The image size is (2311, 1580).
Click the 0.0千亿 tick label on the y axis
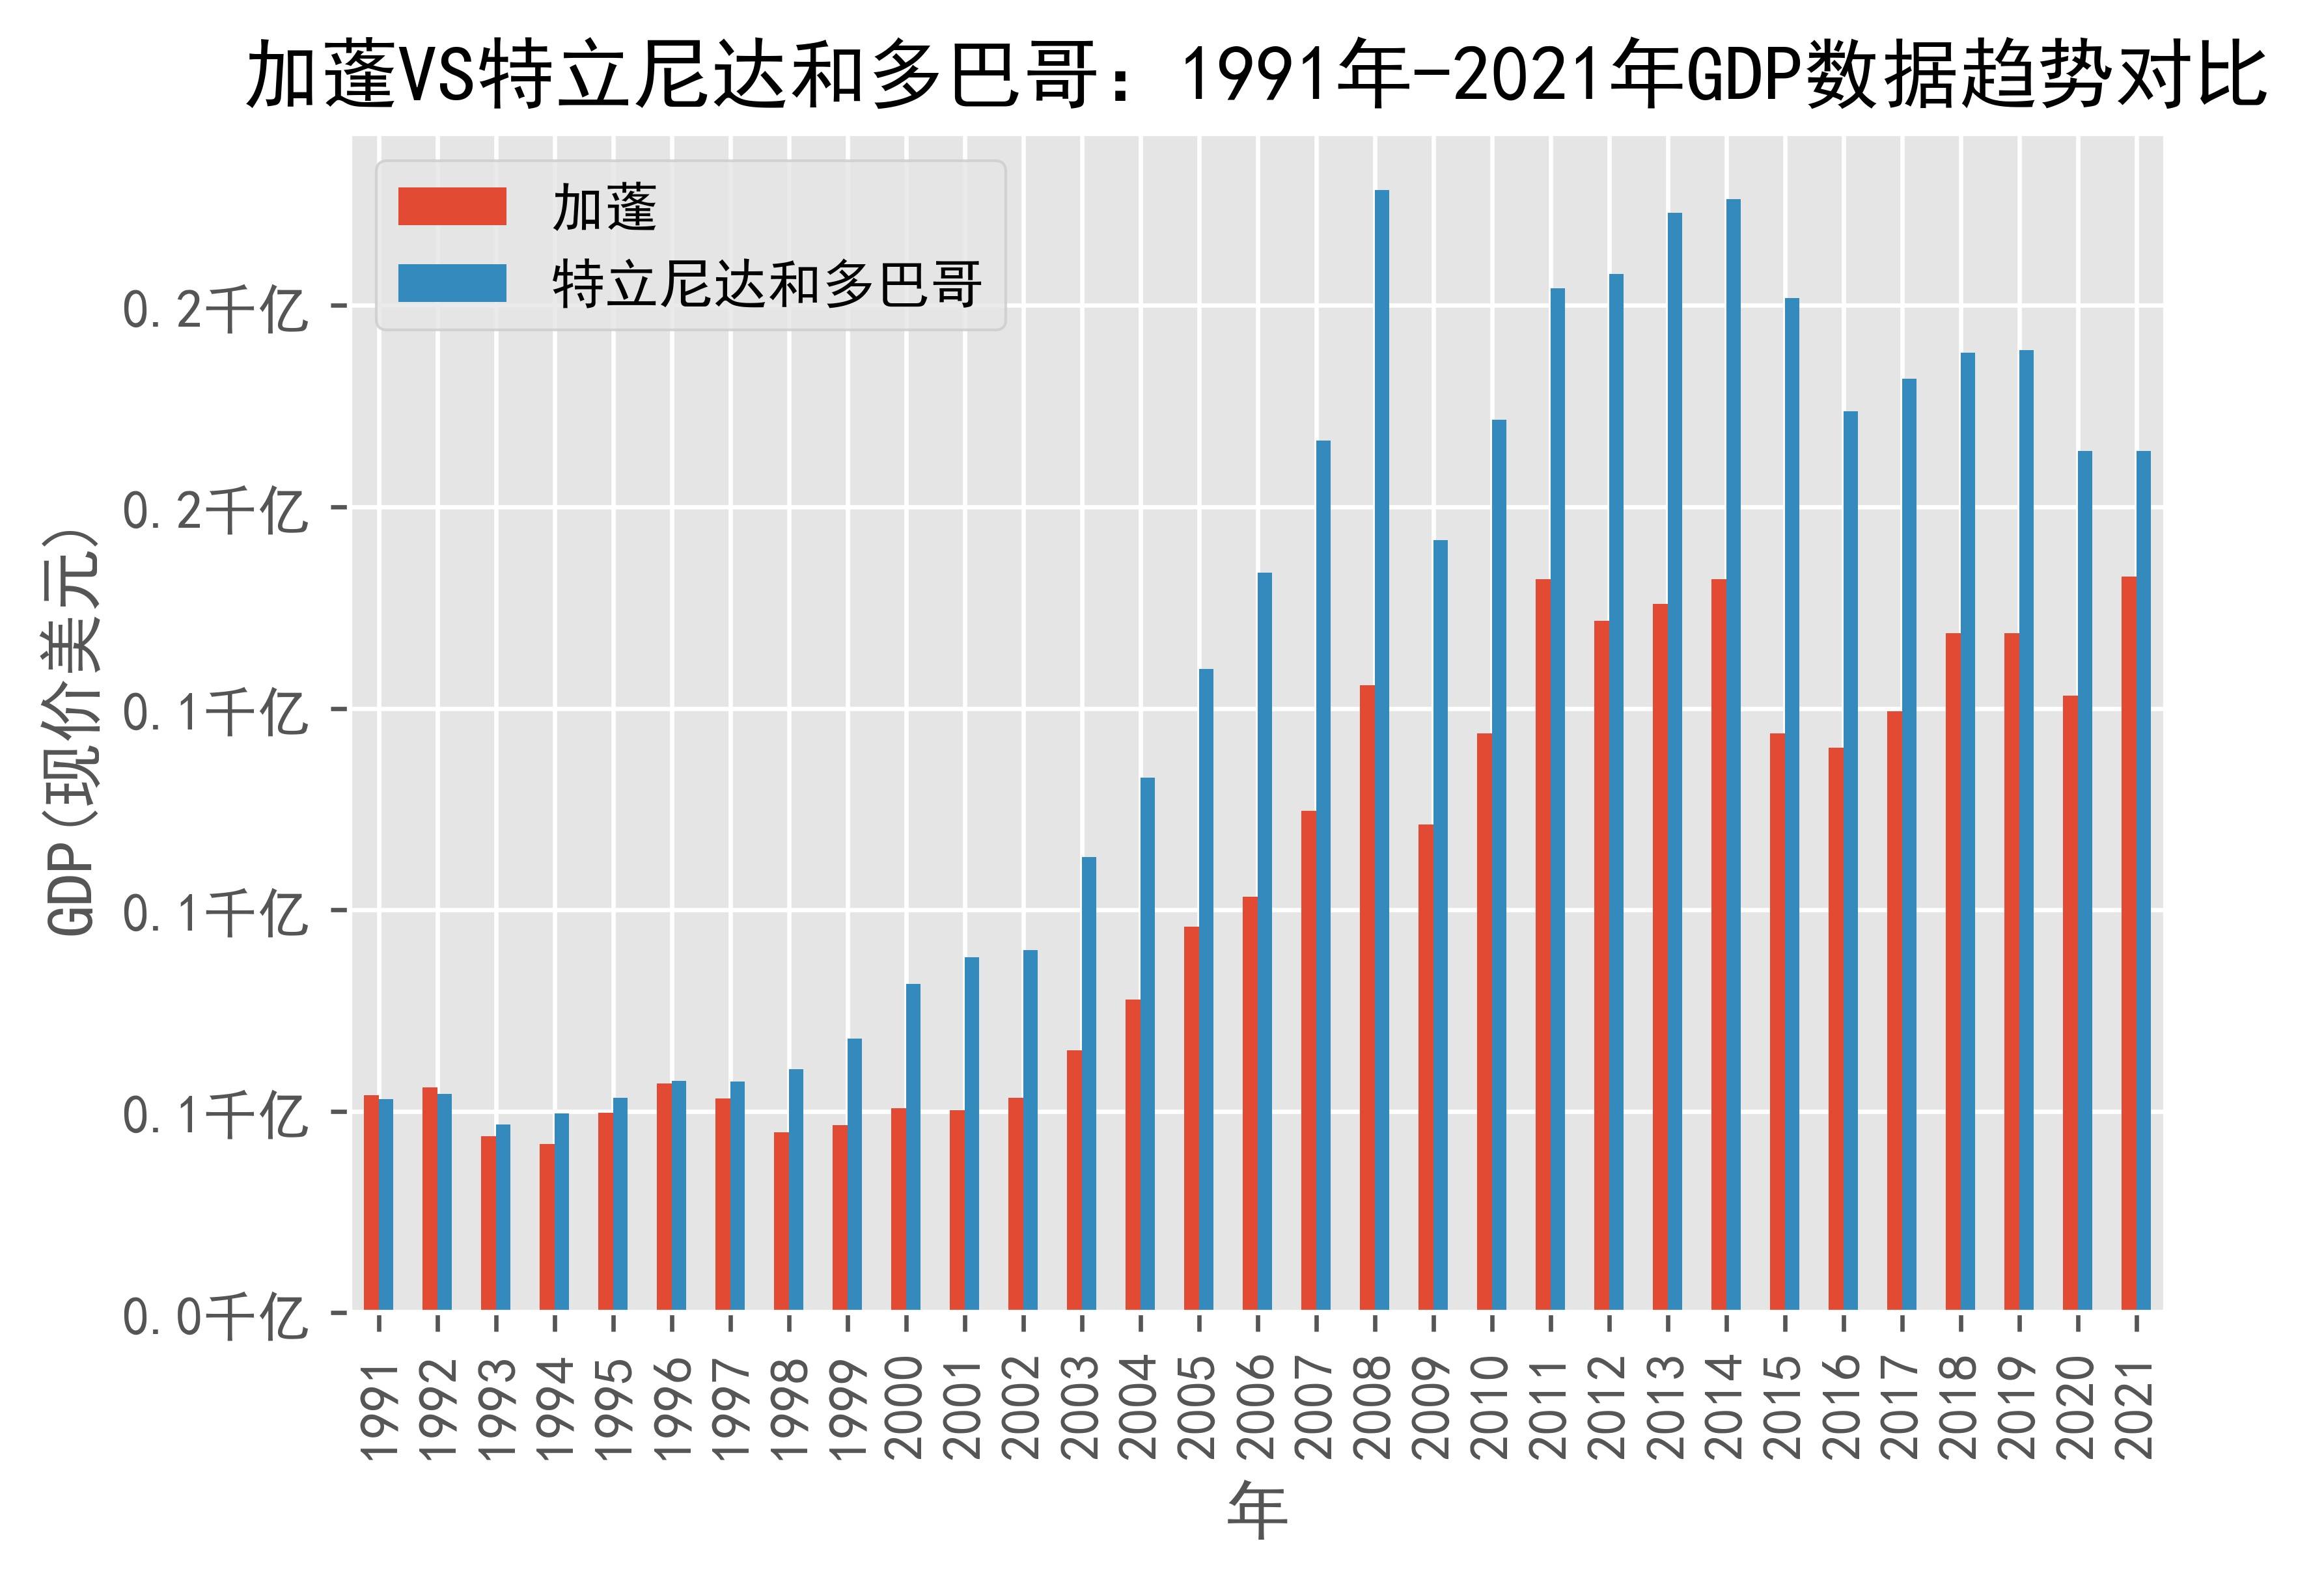point(214,1318)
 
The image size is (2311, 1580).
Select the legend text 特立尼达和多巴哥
point(768,284)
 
